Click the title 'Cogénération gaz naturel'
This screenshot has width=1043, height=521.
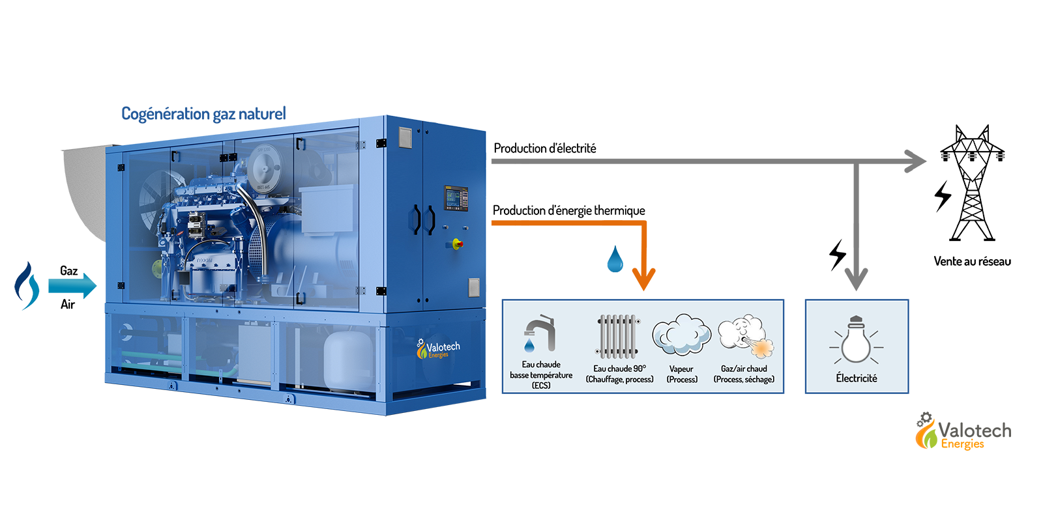click(203, 114)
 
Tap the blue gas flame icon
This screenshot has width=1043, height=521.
click(26, 286)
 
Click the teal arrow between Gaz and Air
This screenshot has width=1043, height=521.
click(72, 286)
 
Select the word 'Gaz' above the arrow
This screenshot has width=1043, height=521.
click(69, 271)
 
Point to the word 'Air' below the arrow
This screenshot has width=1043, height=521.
click(68, 304)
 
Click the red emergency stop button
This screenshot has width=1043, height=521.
click(457, 244)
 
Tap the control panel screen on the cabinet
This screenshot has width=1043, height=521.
click(456, 198)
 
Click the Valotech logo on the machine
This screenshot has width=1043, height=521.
click(437, 349)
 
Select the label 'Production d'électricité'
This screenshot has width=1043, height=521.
click(545, 148)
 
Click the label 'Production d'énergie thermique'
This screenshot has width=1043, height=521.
click(569, 211)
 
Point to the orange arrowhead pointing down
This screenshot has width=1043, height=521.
click(643, 278)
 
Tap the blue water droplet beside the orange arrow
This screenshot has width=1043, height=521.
click(615, 259)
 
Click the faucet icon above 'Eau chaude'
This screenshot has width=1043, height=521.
click(540, 333)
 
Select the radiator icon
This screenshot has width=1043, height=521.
click(618, 336)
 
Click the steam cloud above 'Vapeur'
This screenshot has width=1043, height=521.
click(682, 335)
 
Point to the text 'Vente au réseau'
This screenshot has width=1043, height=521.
click(972, 261)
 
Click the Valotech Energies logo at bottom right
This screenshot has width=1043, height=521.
click(963, 431)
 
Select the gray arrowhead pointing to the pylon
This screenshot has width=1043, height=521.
click(915, 162)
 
